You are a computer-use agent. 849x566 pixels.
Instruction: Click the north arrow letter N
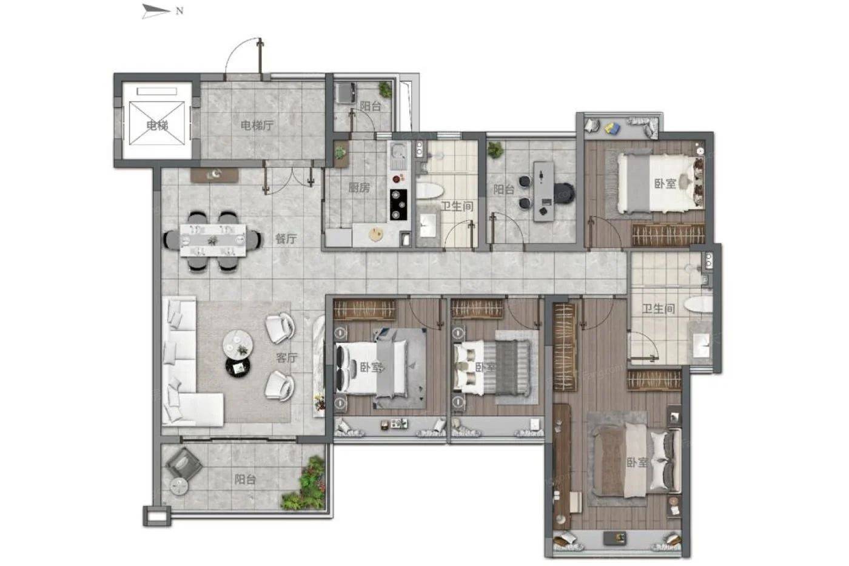tap(180, 11)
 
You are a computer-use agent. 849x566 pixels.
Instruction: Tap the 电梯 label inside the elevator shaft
tap(157, 126)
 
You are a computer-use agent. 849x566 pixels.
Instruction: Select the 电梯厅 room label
tap(257, 126)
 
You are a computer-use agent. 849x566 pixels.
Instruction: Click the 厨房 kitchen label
tap(359, 187)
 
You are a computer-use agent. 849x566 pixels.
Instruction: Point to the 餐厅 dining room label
tap(286, 239)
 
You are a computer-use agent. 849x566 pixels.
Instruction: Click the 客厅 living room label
tap(286, 358)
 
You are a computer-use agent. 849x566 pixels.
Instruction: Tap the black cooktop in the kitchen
tap(399, 204)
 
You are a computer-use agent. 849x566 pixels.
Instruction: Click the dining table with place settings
tap(213, 240)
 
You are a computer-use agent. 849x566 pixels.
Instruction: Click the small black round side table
tap(238, 366)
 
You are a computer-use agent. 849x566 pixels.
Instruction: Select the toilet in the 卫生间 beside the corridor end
tap(699, 305)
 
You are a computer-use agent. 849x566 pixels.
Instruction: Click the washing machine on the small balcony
tap(346, 93)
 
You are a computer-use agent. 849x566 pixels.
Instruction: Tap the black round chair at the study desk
tap(564, 193)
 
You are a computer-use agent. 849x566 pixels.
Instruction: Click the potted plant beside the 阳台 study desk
tap(495, 150)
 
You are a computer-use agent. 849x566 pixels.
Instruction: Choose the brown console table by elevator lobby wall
tap(215, 175)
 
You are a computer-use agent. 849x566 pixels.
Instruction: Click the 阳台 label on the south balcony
tap(245, 480)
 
